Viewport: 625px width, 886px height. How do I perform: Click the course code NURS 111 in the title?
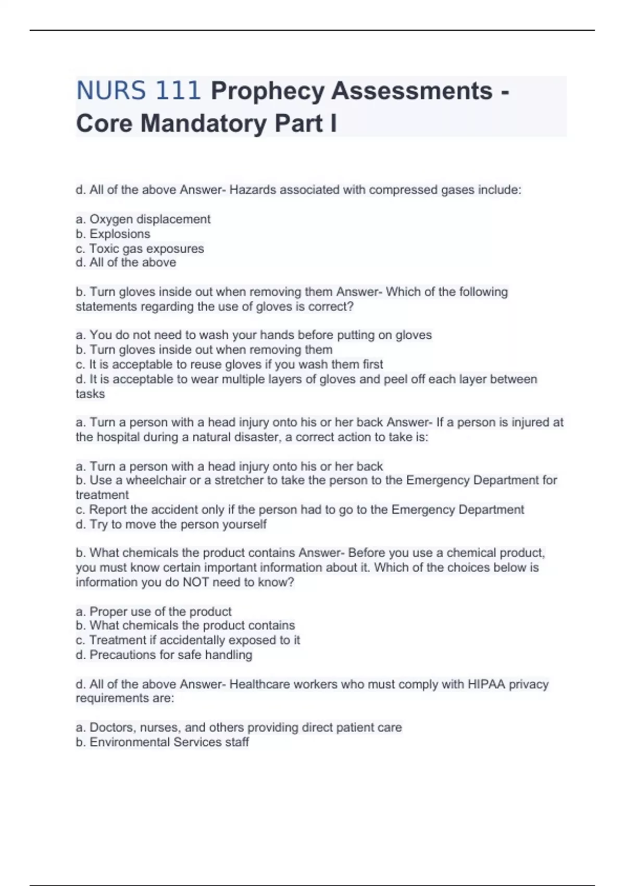pyautogui.click(x=138, y=91)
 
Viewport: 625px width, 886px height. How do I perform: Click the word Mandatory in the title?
pyautogui.click(x=203, y=124)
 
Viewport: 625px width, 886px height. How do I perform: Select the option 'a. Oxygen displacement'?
pyautogui.click(x=143, y=219)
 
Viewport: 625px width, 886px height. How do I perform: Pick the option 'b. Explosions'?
pyautogui.click(x=113, y=234)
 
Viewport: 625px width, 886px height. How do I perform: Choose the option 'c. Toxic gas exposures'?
pyautogui.click(x=140, y=249)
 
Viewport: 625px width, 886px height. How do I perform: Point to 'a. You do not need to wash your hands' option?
pyautogui.click(x=254, y=335)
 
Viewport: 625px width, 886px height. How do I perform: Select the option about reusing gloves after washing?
pyautogui.click(x=229, y=364)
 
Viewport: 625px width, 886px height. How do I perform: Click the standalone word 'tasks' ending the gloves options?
pyautogui.click(x=90, y=394)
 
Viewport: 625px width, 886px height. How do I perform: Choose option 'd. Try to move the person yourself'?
pyautogui.click(x=171, y=524)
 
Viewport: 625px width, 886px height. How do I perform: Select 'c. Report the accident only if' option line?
pyautogui.click(x=299, y=510)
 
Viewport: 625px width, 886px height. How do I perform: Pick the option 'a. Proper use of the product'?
pyautogui.click(x=154, y=611)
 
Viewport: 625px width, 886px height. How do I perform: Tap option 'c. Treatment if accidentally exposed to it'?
pyautogui.click(x=187, y=640)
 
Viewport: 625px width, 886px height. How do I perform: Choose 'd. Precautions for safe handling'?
pyautogui.click(x=164, y=655)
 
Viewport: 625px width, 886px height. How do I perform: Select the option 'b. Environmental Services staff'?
pyautogui.click(x=162, y=742)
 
